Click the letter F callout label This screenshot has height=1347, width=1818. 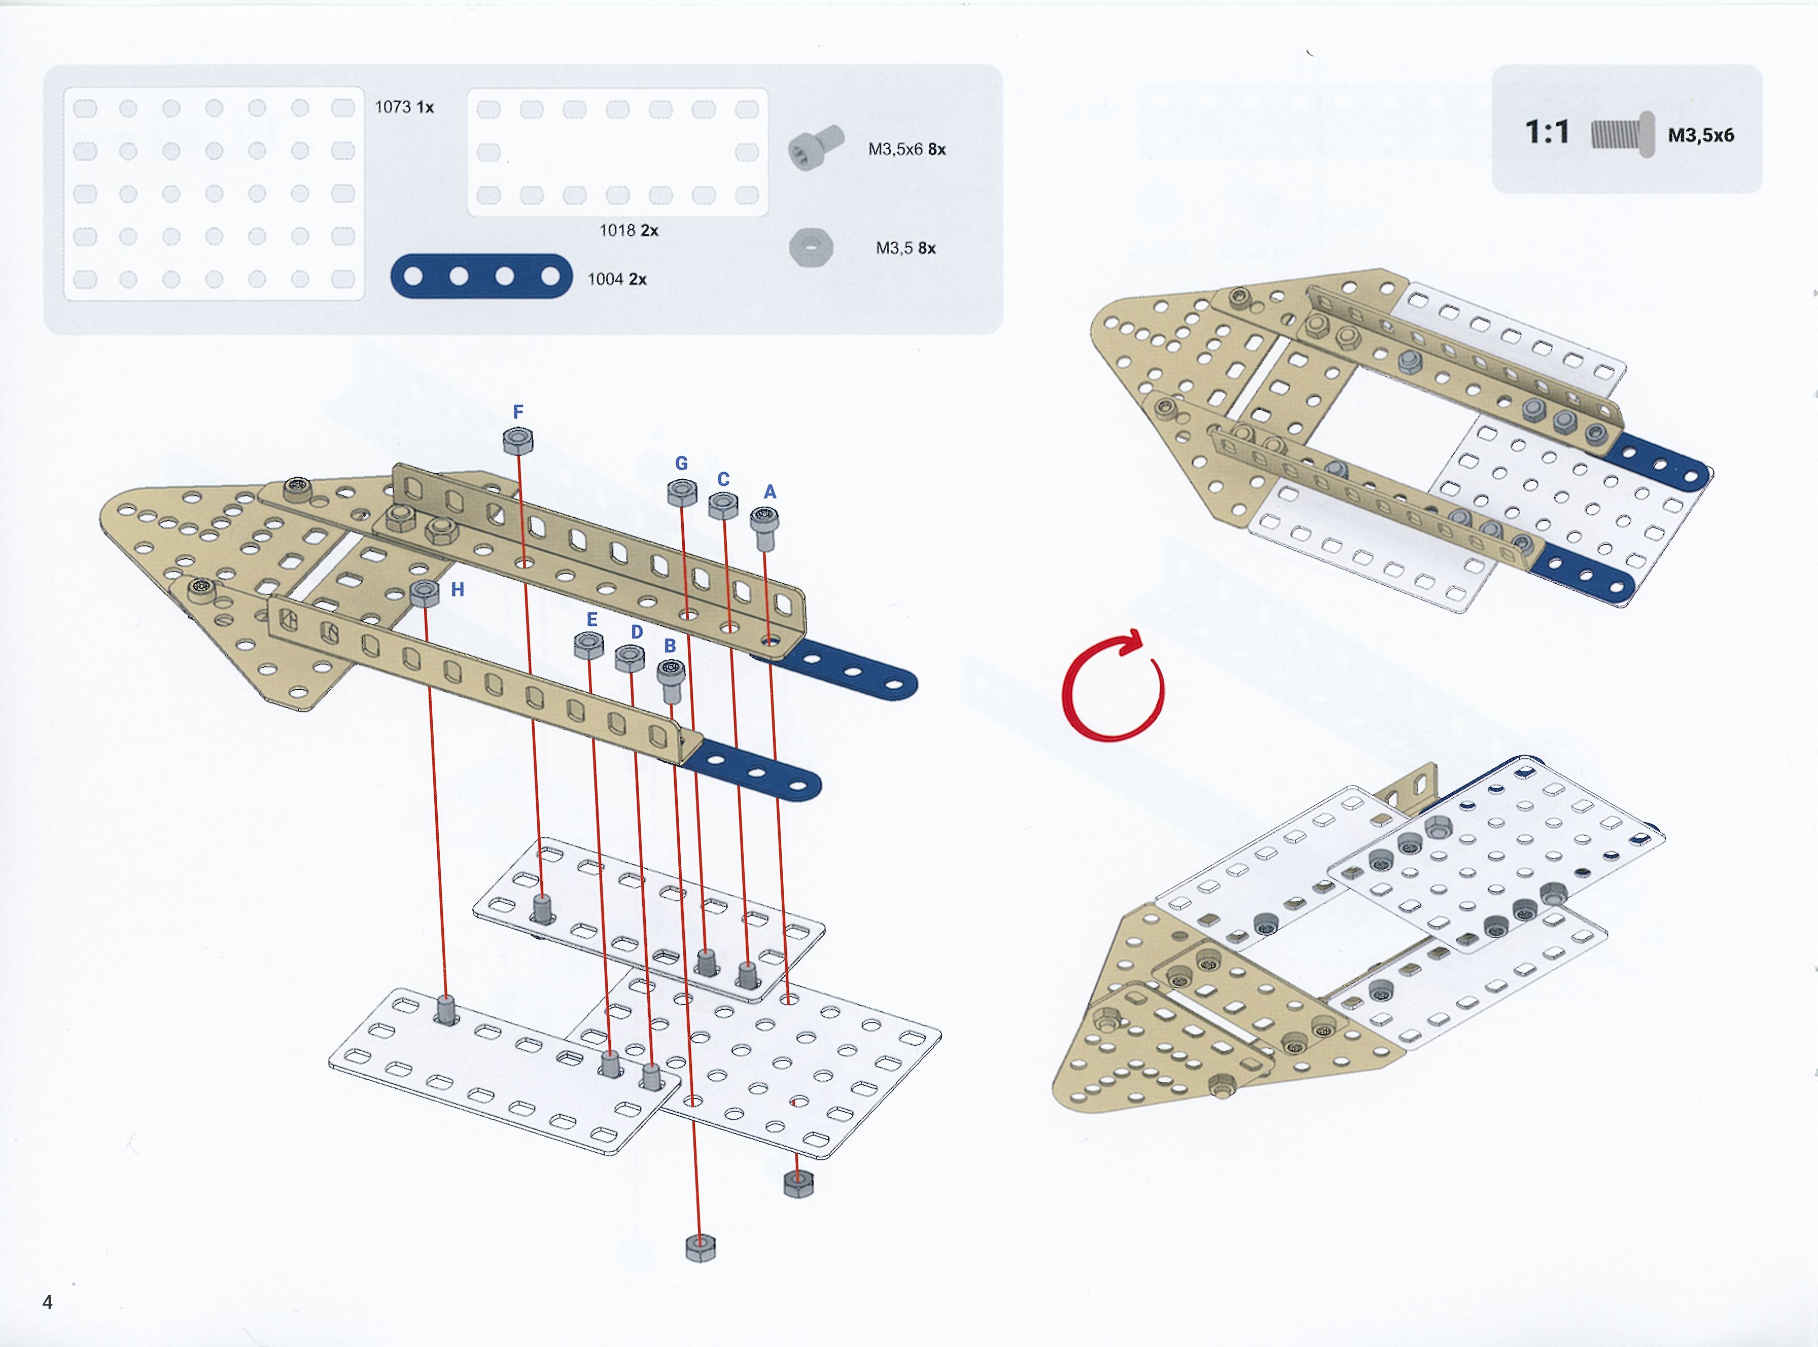(x=518, y=412)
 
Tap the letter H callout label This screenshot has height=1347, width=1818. (x=458, y=589)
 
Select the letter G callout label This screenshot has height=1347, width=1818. (x=682, y=463)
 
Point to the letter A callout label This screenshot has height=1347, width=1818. (x=770, y=491)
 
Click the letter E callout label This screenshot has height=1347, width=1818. (x=592, y=620)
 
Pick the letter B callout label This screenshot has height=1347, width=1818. (x=670, y=646)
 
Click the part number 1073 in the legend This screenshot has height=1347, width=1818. (x=392, y=107)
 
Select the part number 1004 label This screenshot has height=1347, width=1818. (x=605, y=279)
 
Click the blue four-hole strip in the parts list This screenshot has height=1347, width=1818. (x=482, y=276)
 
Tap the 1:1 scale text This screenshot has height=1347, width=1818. (x=1547, y=131)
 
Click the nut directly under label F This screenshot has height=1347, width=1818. (x=518, y=441)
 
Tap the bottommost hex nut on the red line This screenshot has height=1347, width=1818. (x=701, y=1248)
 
